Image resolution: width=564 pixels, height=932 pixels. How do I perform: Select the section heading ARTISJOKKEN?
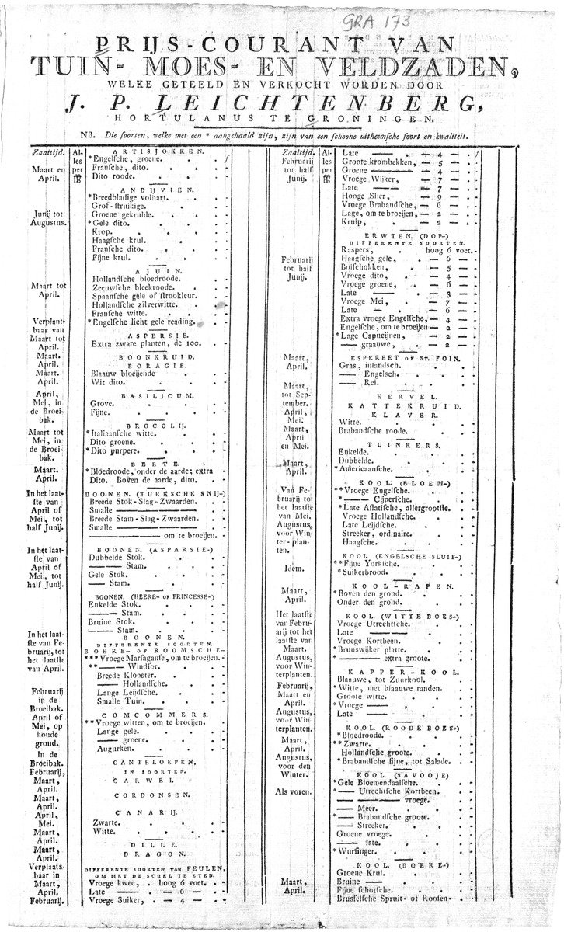coord(158,151)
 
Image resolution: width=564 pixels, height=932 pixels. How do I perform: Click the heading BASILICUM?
coord(158,395)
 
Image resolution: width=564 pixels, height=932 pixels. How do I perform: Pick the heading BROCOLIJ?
coord(158,427)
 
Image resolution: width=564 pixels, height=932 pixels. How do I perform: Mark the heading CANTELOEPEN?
coord(158,763)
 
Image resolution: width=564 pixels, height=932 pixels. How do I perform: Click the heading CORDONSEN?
coord(158,796)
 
